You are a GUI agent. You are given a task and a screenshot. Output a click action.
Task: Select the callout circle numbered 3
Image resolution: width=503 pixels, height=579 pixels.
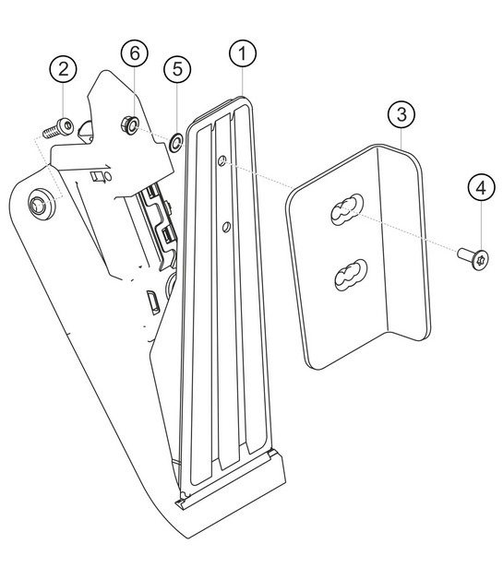click(399, 115)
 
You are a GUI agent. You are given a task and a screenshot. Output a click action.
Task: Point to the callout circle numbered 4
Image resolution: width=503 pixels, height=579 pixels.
click(479, 188)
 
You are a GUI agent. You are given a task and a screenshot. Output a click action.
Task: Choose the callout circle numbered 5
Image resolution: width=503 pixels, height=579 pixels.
click(177, 68)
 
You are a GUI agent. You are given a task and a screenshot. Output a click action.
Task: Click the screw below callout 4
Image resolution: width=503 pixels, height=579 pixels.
click(469, 253)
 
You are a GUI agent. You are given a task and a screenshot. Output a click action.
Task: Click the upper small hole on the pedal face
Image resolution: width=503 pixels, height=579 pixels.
click(222, 161)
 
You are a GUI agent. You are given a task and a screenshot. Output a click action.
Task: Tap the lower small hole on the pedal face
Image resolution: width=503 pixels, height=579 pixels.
click(224, 222)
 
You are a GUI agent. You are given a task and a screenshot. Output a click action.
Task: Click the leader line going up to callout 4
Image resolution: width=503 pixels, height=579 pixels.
click(479, 221)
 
